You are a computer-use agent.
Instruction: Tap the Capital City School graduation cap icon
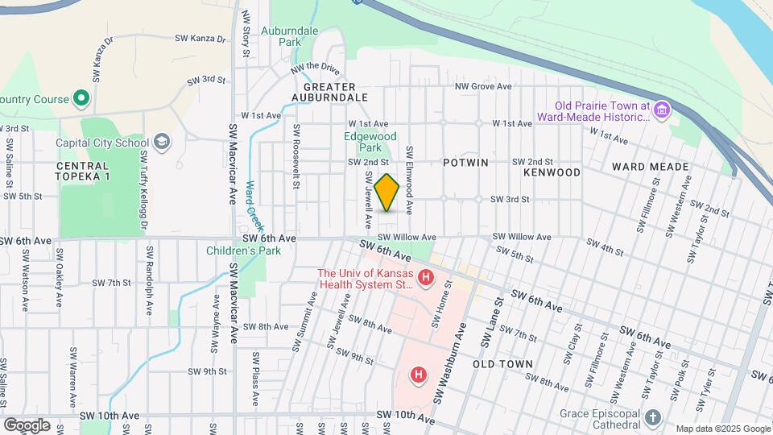(162, 143)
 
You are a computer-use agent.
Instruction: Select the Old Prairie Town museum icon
(662, 109)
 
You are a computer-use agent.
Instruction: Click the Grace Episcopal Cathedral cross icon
(652, 417)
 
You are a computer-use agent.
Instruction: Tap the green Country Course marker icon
(81, 99)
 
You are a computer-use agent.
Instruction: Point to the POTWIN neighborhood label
(465, 163)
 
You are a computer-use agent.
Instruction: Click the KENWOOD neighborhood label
(552, 172)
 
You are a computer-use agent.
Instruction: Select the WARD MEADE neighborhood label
(650, 167)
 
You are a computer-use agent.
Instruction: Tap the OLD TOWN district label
(502, 364)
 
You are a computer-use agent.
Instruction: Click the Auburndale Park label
(296, 35)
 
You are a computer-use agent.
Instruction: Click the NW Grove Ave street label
(483, 86)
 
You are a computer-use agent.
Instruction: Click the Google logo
(27, 425)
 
